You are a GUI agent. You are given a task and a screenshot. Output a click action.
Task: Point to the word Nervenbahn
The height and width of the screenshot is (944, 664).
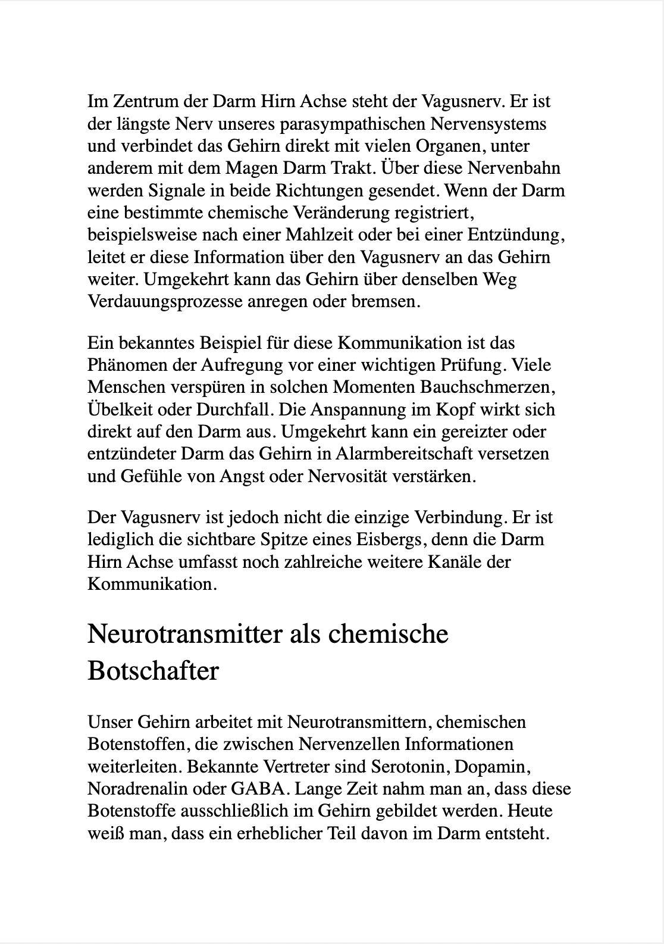click(x=514, y=168)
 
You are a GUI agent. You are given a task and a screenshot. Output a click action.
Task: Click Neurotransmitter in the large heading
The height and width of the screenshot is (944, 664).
click(x=185, y=633)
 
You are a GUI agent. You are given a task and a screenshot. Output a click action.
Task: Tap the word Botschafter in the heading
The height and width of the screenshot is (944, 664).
click(x=153, y=671)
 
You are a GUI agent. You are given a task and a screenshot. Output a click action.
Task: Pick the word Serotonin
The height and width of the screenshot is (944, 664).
click(x=407, y=767)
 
